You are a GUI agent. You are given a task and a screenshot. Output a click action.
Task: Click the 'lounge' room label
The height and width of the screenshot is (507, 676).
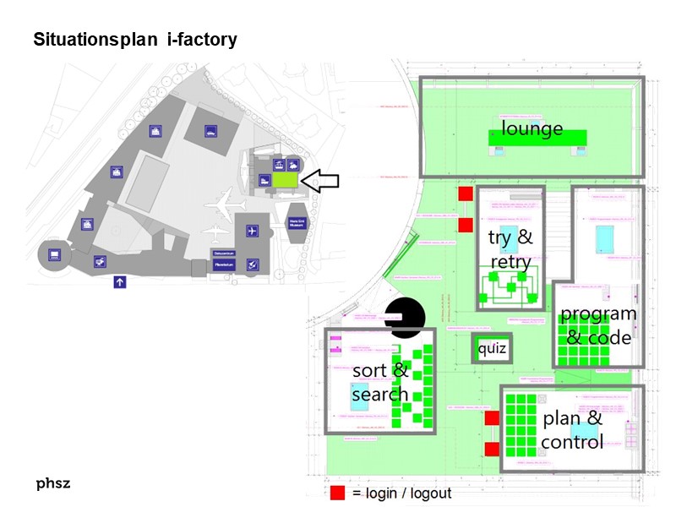(x=532, y=128)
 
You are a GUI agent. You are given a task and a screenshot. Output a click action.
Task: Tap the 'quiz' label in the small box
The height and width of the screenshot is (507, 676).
(x=492, y=348)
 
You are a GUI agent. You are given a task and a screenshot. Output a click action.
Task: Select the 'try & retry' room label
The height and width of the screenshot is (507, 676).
(x=510, y=249)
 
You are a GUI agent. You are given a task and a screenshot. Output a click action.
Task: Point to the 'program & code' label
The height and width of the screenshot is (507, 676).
(x=598, y=325)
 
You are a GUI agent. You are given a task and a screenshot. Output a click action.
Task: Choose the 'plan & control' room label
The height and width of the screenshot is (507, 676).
(x=572, y=430)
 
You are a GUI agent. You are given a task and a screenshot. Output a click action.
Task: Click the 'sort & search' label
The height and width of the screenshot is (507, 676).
(x=380, y=382)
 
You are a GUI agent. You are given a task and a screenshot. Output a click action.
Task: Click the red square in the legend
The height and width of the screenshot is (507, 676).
(x=338, y=493)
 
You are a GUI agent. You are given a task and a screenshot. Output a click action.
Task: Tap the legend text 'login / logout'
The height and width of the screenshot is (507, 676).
(x=401, y=493)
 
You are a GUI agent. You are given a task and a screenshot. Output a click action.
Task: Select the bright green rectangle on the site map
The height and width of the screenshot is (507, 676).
(x=285, y=179)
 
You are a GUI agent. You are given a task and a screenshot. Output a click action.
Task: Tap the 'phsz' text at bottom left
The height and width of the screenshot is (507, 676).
(x=52, y=484)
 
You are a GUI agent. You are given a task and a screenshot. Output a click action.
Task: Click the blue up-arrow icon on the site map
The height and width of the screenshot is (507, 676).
(x=119, y=283)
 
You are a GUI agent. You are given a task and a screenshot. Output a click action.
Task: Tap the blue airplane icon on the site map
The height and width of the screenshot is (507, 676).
(x=252, y=231)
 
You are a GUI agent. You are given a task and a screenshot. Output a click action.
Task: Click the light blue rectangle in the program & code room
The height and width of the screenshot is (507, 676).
(x=605, y=239)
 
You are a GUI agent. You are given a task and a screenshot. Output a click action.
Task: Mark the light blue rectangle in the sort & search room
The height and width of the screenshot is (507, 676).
(x=365, y=395)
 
